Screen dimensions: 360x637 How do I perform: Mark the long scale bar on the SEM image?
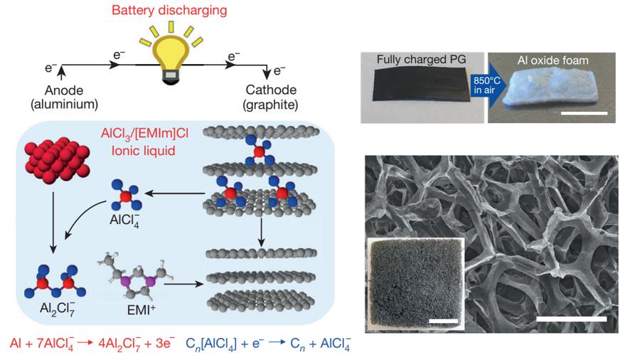point(572,319)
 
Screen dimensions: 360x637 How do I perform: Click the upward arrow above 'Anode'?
point(62,73)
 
